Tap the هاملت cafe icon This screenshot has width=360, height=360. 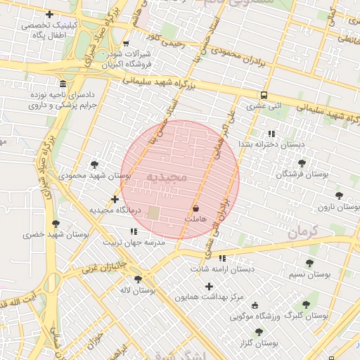(195, 209)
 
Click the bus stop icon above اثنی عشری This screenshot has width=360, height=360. (264, 96)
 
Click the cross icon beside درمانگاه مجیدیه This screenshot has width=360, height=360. (115, 200)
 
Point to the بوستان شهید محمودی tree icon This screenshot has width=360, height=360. (94, 165)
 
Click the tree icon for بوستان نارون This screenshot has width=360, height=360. (339, 196)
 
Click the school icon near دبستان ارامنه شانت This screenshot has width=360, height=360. (222, 258)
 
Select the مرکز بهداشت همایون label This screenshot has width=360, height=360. (209, 297)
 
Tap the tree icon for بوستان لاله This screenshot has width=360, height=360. (138, 278)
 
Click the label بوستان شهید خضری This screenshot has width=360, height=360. (56, 235)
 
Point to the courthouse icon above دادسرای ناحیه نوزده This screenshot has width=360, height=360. (63, 83)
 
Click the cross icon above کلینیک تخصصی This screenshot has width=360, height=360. (49, 14)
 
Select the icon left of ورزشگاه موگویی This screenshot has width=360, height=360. (255, 305)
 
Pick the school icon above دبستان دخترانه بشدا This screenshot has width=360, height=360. (271, 134)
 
